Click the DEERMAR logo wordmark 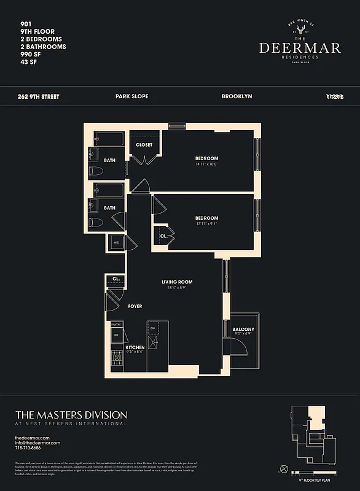[x=300, y=48]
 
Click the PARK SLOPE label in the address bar [x=131, y=96]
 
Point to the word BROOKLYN [x=237, y=96]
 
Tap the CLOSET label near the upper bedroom [x=144, y=145]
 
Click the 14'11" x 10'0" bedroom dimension [x=207, y=164]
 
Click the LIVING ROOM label [x=177, y=282]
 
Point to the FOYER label [x=135, y=306]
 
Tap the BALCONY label [x=243, y=330]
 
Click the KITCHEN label [x=135, y=347]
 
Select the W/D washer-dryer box [x=116, y=242]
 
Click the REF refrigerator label [x=115, y=335]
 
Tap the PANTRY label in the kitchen [x=115, y=323]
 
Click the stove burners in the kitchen [x=115, y=355]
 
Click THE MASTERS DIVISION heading [x=71, y=415]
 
